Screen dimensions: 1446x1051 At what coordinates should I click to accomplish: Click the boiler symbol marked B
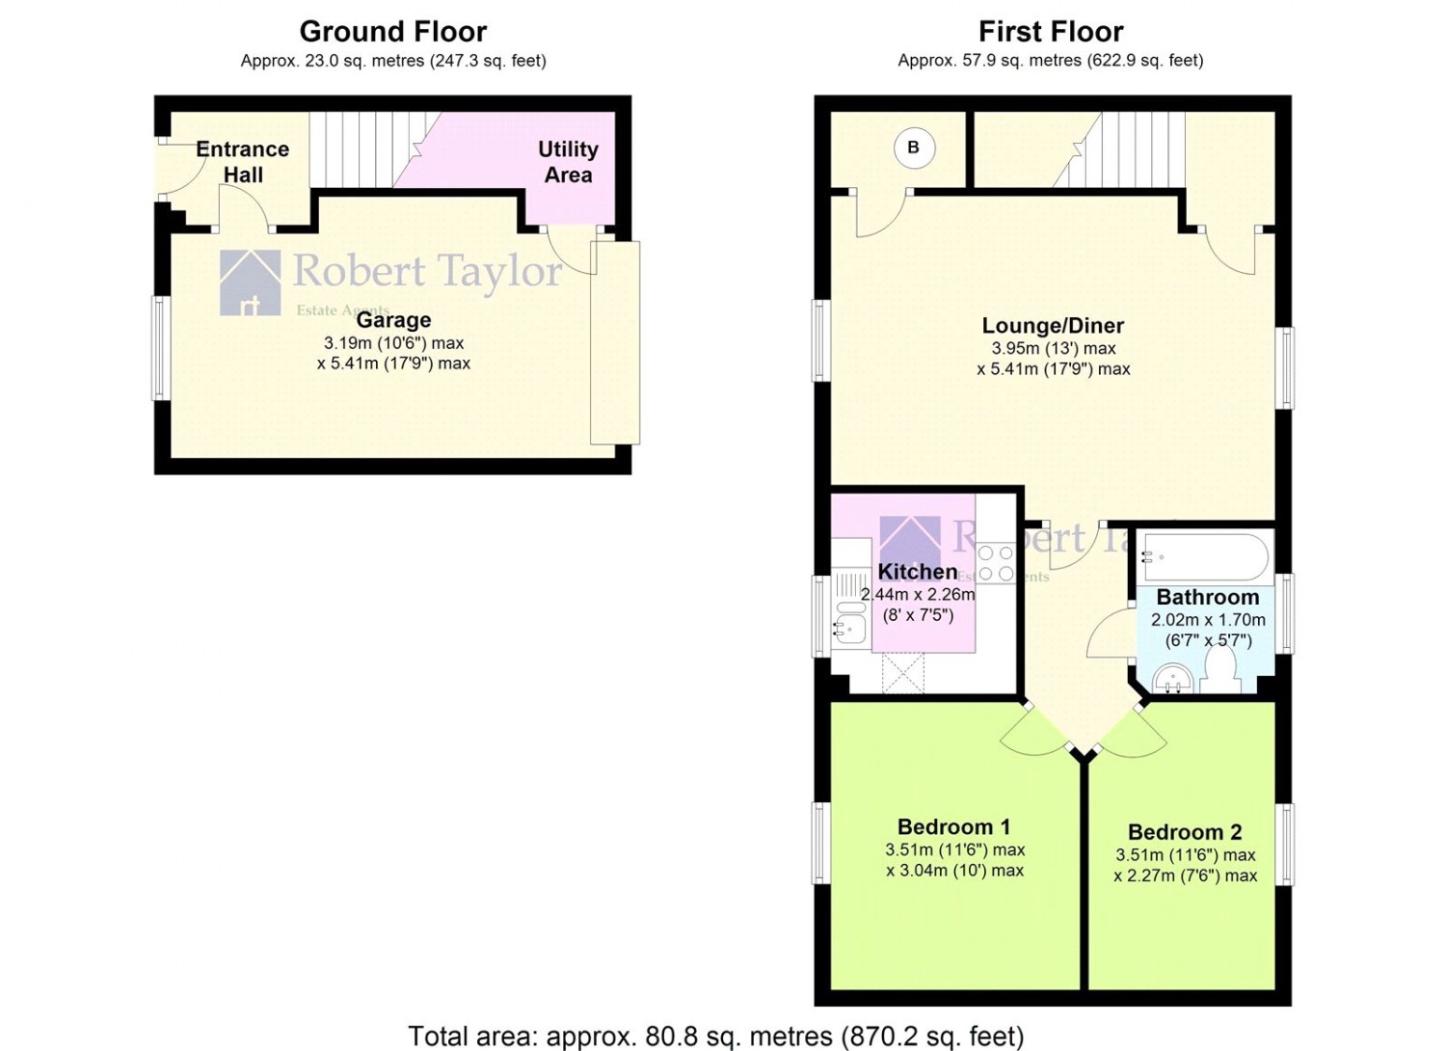point(914,148)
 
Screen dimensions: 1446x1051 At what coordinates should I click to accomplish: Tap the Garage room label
point(393,320)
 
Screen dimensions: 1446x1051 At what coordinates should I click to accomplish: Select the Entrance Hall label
point(243,162)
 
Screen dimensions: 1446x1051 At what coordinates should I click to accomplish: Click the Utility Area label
point(568,162)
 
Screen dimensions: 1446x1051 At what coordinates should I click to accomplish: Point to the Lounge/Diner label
point(1053,325)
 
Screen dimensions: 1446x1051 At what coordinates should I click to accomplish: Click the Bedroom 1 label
point(954,827)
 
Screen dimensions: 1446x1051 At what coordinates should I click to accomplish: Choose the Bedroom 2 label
point(1185,832)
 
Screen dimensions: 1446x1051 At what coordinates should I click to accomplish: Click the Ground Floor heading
point(393,31)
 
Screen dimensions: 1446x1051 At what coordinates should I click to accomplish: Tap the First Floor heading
point(1051,31)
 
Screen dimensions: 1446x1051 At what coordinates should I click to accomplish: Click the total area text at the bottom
point(716,1037)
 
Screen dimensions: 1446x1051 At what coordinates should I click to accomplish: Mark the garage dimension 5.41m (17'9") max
point(393,364)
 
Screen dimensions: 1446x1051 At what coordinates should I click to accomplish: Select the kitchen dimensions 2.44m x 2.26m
point(918,594)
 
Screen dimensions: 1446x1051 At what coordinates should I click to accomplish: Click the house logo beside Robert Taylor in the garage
point(251,283)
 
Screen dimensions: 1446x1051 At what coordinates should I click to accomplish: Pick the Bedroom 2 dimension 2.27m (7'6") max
point(1185,876)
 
